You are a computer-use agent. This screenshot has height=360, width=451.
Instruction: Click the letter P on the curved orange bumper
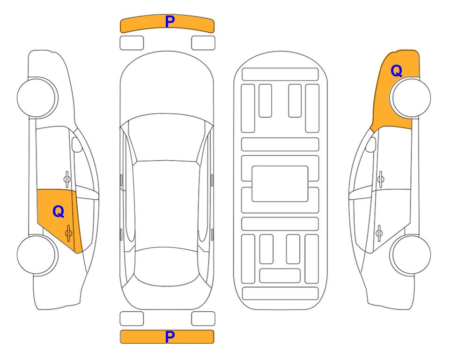coord(170,22)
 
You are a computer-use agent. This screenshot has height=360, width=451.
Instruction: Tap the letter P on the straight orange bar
coord(170,337)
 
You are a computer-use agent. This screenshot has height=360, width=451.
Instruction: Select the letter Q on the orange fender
coord(396,71)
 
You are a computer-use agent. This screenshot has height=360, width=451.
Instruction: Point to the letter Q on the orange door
coord(59,212)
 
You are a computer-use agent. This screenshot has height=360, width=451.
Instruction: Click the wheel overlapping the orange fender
coord(410,97)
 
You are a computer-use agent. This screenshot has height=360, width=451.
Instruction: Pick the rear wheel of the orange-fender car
coord(410,255)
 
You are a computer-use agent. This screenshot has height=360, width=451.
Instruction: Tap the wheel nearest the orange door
coord(37,255)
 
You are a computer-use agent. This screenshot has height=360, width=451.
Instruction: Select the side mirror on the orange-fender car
coord(371,144)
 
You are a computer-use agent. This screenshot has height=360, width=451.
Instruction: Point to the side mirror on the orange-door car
coord(77,144)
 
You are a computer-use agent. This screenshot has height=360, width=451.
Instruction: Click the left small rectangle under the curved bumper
coord(132,43)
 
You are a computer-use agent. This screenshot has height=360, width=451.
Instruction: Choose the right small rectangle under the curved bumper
coord(203,43)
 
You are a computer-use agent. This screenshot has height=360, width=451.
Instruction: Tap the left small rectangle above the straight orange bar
coord(132,319)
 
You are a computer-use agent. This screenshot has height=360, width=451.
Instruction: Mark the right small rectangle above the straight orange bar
coord(203,319)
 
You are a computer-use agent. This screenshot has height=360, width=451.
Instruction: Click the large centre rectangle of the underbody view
coord(280,184)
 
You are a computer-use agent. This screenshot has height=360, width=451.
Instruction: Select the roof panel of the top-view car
coord(166,204)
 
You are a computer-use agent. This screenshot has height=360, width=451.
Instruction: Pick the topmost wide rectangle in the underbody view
coord(280,75)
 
